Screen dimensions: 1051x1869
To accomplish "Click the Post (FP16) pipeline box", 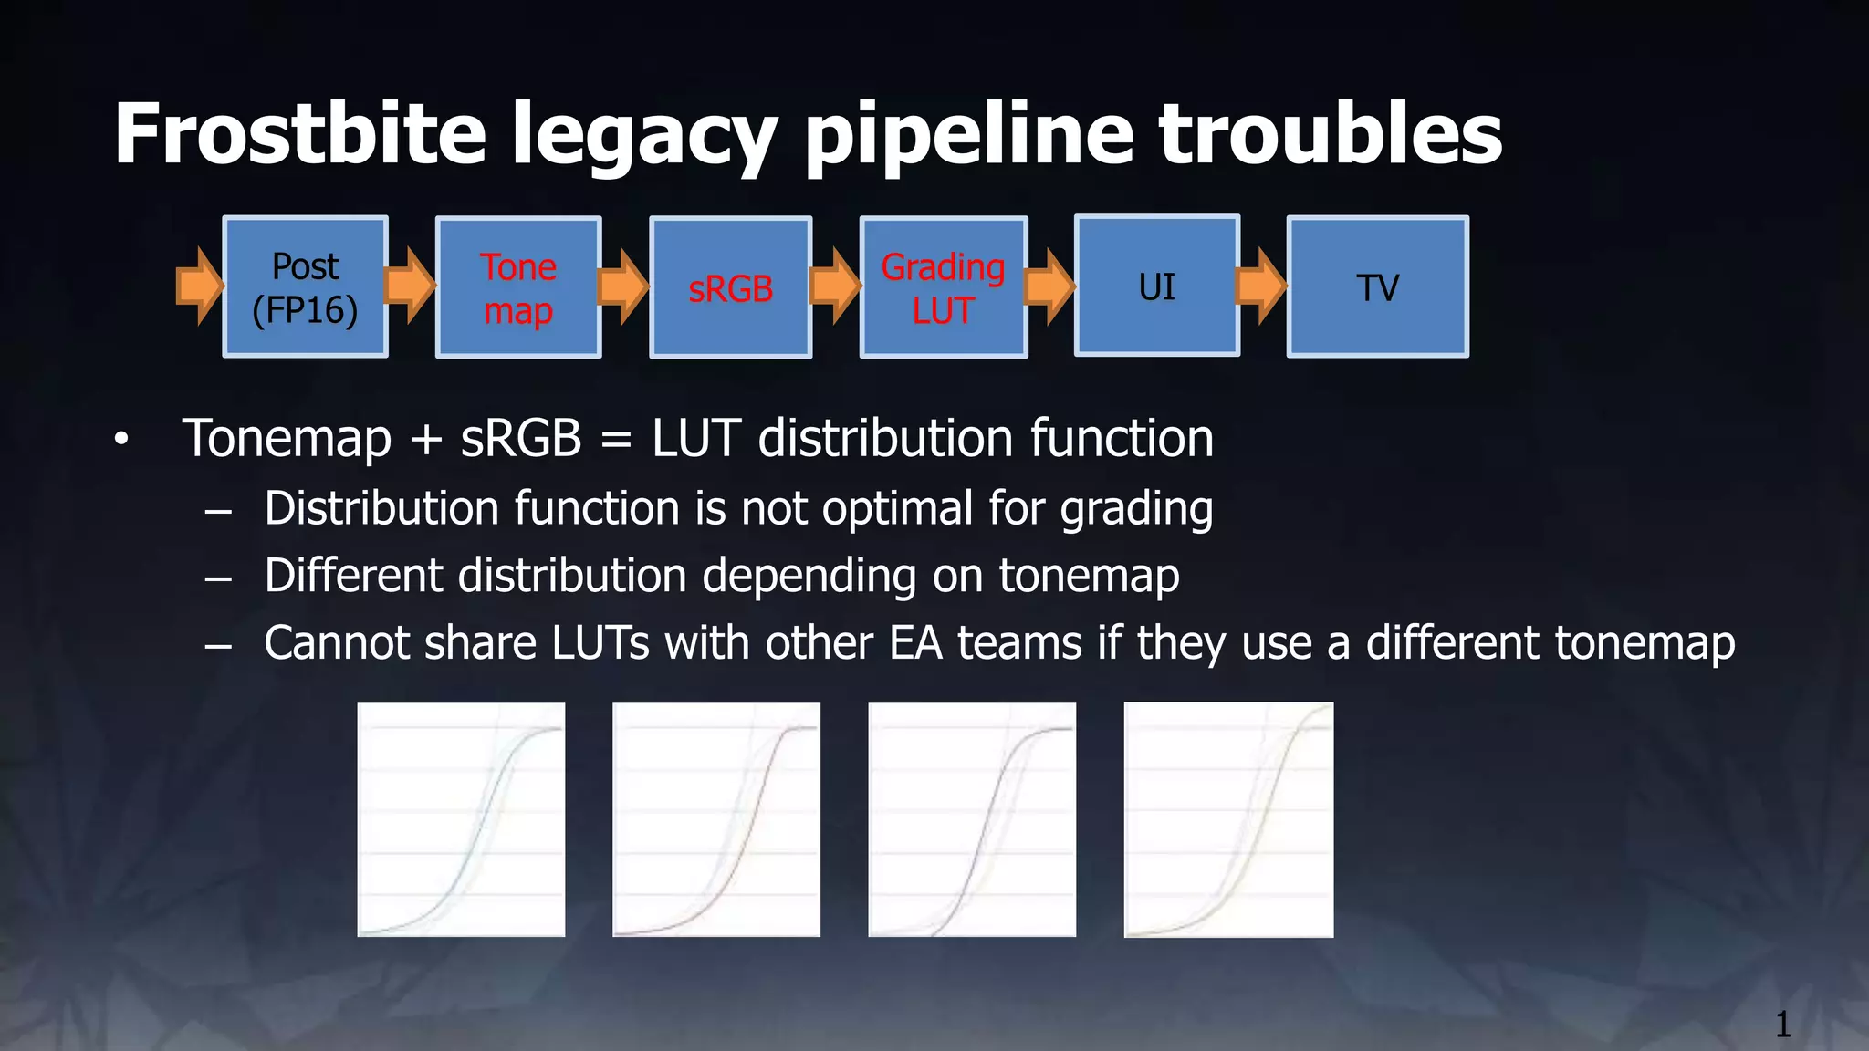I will [x=305, y=287].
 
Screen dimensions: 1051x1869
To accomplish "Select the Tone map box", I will [x=518, y=287].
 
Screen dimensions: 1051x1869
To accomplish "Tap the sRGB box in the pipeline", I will [x=730, y=288].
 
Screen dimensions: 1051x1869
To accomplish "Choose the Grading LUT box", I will [x=943, y=287].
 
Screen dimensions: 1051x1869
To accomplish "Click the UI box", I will [x=1156, y=286].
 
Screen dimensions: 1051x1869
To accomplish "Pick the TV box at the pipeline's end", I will [x=1377, y=287].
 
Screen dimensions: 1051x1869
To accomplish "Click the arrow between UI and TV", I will [x=1261, y=286].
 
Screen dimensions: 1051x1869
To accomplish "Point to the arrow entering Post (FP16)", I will [x=199, y=286].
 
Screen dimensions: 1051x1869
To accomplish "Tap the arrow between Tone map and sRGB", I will [x=623, y=286].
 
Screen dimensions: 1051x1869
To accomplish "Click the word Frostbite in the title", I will [x=299, y=134].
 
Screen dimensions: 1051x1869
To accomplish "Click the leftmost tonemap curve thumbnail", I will [x=461, y=819].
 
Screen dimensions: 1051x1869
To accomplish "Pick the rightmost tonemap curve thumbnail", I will [x=1228, y=819].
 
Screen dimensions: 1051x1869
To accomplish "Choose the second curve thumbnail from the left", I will [x=716, y=819].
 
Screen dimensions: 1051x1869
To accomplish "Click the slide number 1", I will [x=1782, y=1025].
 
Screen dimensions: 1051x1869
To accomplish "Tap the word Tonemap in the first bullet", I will [x=287, y=439].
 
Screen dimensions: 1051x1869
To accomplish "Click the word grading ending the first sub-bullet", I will [x=1136, y=509].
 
